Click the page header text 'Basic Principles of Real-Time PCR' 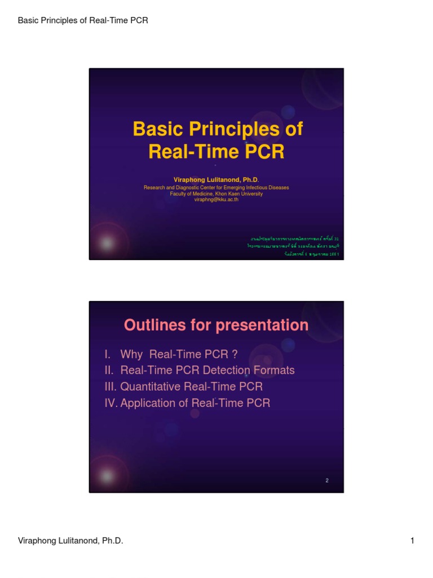point(83,21)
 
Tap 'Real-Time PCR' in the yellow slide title point(216,152)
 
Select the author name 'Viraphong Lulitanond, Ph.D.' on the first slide point(216,179)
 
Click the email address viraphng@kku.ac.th point(216,200)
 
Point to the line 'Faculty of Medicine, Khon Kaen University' point(216,194)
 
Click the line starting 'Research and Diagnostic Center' point(216,187)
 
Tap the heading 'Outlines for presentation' point(216,325)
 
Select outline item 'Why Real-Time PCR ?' point(179,354)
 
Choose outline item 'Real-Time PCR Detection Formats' point(207,370)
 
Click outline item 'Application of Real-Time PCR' point(195,403)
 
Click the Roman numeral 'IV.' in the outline point(111,403)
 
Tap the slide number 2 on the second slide point(327,480)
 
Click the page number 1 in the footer point(412,541)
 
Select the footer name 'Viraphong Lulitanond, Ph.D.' point(70,541)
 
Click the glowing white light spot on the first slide point(105,243)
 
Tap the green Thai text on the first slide point(294,247)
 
